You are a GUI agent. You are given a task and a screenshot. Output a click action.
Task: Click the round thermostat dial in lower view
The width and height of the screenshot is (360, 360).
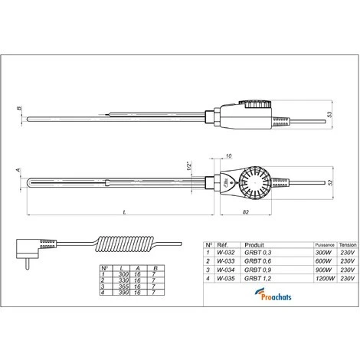pos(254,183)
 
